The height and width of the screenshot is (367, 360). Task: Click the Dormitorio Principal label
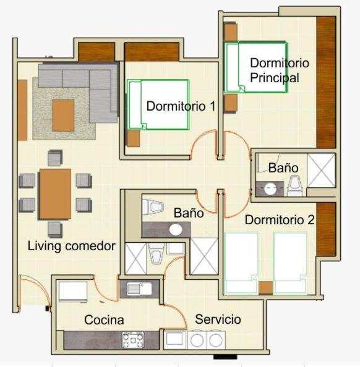(x=279, y=70)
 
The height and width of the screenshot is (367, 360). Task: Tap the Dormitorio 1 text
(x=181, y=106)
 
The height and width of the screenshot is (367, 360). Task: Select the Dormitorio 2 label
(x=280, y=219)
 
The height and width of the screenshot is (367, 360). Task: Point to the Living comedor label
(x=72, y=246)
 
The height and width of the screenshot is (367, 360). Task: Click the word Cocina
(x=104, y=320)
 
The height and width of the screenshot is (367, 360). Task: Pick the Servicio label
(x=218, y=319)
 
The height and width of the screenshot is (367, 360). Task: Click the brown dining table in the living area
(x=55, y=193)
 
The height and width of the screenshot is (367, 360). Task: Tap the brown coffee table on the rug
(x=63, y=116)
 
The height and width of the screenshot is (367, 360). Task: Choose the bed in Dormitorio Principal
(x=255, y=67)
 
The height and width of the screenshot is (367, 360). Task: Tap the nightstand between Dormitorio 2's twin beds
(x=265, y=287)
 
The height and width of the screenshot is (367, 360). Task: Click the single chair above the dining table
(x=55, y=158)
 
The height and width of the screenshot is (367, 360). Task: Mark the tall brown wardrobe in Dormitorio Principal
(x=325, y=82)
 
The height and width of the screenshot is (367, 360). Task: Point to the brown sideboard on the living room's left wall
(x=22, y=110)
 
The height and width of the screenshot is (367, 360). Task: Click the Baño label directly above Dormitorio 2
(x=283, y=168)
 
